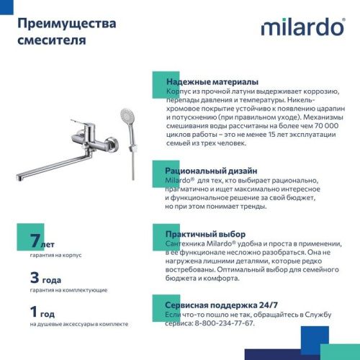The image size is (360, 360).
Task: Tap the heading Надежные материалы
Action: click(x=212, y=82)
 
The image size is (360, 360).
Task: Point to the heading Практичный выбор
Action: click(x=206, y=235)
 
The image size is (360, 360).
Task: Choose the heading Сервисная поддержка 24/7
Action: click(x=226, y=305)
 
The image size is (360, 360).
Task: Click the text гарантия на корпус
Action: click(x=57, y=256)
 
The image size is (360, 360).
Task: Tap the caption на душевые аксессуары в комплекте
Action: click(x=78, y=324)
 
